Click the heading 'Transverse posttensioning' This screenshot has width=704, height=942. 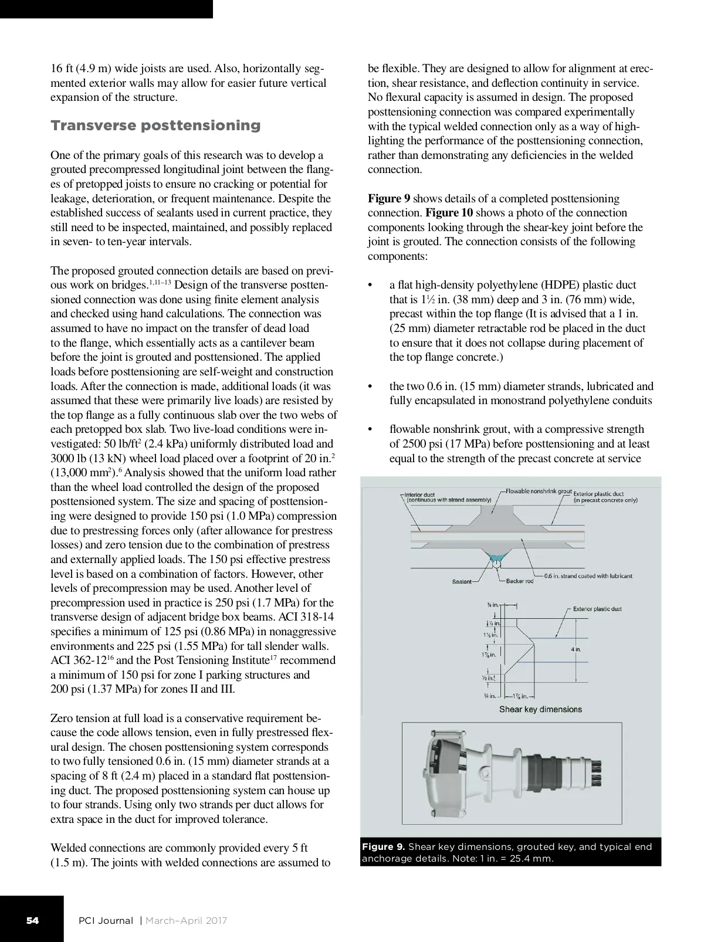(x=155, y=126)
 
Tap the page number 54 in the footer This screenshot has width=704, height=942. (x=32, y=920)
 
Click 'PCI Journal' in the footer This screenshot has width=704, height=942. (x=106, y=920)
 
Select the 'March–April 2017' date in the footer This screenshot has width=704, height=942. (x=186, y=920)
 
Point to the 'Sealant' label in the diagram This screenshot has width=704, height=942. (x=462, y=581)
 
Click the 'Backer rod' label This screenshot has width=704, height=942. (x=519, y=581)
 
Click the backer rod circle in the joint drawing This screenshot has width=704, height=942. (x=497, y=564)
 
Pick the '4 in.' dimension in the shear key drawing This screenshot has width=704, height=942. (x=576, y=649)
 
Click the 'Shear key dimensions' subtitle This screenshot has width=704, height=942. (x=540, y=709)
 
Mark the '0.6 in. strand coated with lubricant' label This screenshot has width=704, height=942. (x=588, y=576)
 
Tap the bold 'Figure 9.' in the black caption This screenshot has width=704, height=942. (x=383, y=846)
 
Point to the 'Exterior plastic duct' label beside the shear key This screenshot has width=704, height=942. (x=597, y=609)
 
